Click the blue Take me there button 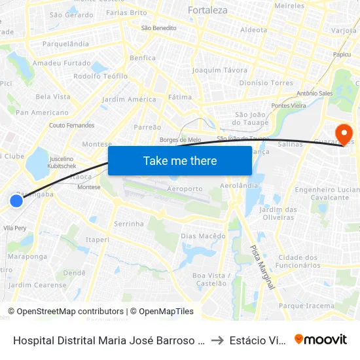(x=180, y=160)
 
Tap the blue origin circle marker (x=16, y=201)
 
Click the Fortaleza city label (x=207, y=10)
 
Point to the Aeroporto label (x=185, y=189)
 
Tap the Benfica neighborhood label (x=143, y=58)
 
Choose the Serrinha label (x=129, y=224)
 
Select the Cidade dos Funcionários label (x=299, y=261)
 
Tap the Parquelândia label (x=65, y=44)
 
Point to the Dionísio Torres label (x=266, y=83)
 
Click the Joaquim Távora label (x=220, y=70)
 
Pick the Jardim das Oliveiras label (x=279, y=214)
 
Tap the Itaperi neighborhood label (x=98, y=240)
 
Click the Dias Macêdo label (x=203, y=236)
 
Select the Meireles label (x=290, y=5)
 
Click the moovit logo (x=321, y=339)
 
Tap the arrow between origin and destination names (x=217, y=340)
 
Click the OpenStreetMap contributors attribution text (x=67, y=312)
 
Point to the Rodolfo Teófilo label (x=101, y=76)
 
